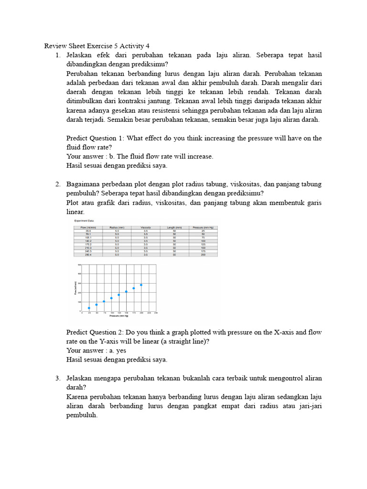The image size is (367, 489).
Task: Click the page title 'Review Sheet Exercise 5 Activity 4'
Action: click(x=97, y=46)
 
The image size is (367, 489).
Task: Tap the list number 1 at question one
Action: click(x=58, y=55)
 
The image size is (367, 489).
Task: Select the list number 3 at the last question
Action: click(x=58, y=378)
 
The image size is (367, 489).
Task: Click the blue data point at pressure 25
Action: click(x=89, y=308)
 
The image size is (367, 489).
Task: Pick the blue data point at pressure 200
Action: click(x=141, y=285)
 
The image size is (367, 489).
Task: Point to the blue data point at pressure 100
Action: click(x=111, y=298)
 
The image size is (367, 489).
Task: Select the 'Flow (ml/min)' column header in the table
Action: click(x=88, y=227)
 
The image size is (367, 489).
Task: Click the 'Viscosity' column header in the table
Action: click(x=146, y=227)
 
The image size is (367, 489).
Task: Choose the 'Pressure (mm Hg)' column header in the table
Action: click(x=203, y=227)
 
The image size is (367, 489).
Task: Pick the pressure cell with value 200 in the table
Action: click(x=203, y=255)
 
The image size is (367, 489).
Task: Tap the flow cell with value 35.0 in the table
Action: click(x=88, y=231)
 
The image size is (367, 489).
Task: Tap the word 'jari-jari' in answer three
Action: click(x=309, y=406)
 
